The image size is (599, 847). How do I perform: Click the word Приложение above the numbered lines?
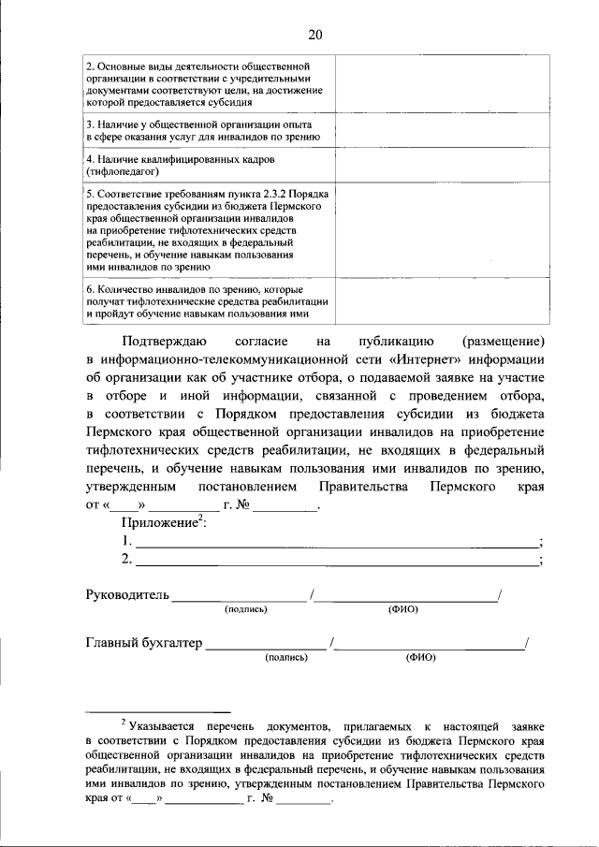159,523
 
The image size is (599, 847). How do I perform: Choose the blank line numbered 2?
337,562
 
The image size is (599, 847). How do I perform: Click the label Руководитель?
126,594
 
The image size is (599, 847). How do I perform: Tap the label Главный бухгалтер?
144,643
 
